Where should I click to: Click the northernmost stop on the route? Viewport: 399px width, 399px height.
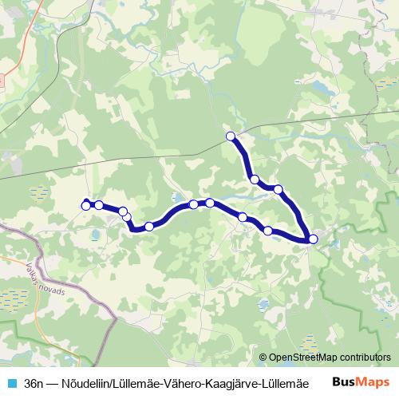231,136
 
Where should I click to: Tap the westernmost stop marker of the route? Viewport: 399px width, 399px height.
86,206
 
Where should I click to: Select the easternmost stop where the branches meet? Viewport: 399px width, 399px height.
313,239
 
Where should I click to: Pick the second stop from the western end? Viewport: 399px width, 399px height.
98,205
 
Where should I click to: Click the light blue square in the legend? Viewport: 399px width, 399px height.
12,383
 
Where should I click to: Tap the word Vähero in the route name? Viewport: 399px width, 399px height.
182,383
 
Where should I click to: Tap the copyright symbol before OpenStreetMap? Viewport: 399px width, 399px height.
264,358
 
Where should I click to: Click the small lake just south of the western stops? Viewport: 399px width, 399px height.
95,235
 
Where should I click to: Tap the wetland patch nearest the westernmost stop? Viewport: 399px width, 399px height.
38,192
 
